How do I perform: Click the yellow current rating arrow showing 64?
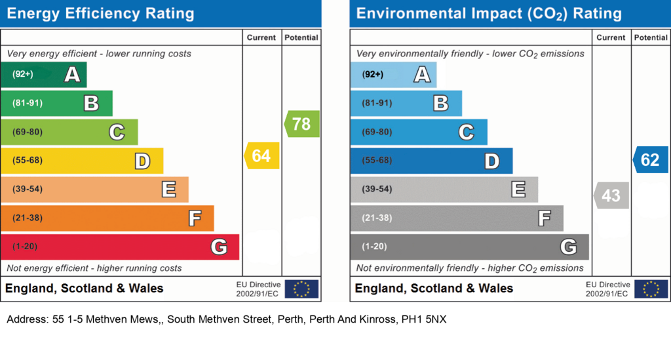coord(262,155)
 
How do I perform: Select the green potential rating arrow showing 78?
coord(301,124)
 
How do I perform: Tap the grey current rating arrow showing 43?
coord(611,195)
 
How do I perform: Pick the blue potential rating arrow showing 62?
coord(651,159)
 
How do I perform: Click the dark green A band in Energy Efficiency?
coord(44,75)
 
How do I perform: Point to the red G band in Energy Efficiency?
coord(120,247)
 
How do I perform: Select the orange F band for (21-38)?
coord(107,218)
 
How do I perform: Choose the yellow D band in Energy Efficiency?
coord(82,161)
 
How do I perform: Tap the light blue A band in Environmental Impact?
coord(393,75)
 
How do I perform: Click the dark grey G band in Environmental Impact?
coord(469,247)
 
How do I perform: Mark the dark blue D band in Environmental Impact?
coord(431,161)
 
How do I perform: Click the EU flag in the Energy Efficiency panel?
coord(301,289)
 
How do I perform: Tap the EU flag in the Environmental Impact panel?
coord(651,289)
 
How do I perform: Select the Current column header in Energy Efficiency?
coord(261,37)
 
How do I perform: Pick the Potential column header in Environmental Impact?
coord(651,37)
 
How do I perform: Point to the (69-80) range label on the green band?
coord(28,132)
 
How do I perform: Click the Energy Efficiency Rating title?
coord(100,14)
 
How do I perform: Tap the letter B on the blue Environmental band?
coord(441,103)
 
